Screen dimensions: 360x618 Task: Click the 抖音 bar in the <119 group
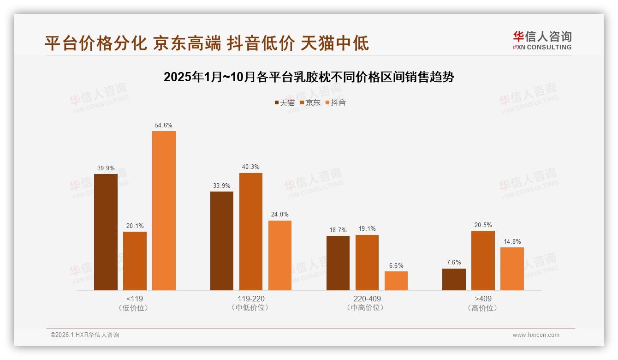(164, 210)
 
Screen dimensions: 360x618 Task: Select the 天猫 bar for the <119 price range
(106, 232)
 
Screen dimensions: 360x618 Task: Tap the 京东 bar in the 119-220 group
(250, 232)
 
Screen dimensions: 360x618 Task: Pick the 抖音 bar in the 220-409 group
(396, 281)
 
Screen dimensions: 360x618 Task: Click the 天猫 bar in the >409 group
(454, 279)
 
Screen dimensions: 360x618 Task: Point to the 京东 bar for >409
(483, 260)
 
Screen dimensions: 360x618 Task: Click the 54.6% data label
(164, 125)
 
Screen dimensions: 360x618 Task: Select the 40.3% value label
(250, 167)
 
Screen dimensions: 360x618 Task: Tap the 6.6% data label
(396, 265)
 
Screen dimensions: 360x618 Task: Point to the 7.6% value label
(454, 263)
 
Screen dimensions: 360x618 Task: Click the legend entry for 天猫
(285, 103)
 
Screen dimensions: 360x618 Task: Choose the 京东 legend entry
(310, 103)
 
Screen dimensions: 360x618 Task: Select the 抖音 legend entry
(336, 103)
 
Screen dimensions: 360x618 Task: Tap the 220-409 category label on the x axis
(367, 299)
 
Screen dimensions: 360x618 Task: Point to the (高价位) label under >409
(482, 308)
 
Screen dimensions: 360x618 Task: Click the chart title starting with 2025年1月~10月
(309, 77)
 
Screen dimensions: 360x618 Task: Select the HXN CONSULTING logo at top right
(542, 41)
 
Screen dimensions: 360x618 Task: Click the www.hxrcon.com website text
(536, 335)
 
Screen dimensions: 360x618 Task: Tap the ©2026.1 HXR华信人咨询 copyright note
(84, 335)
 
